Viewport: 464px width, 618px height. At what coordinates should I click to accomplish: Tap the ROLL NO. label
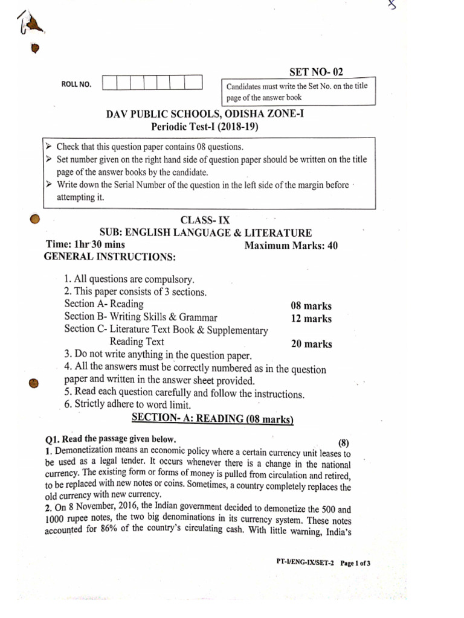pyautogui.click(x=77, y=84)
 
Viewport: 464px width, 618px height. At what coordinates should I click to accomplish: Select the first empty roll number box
pyautogui.click(x=109, y=83)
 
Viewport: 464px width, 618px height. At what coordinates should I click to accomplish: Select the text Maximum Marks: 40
pyautogui.click(x=291, y=246)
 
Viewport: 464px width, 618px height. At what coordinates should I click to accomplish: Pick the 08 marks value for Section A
pyautogui.click(x=311, y=306)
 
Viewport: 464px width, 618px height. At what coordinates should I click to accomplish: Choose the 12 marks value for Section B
pyautogui.click(x=311, y=319)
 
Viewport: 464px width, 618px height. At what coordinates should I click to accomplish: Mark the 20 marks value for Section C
pyautogui.click(x=311, y=344)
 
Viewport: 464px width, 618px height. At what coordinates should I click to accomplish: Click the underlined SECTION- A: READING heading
pyautogui.click(x=212, y=419)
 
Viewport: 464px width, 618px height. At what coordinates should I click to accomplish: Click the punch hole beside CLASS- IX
pyautogui.click(x=35, y=218)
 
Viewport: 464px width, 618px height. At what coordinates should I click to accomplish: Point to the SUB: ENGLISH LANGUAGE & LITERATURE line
pyautogui.click(x=205, y=232)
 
